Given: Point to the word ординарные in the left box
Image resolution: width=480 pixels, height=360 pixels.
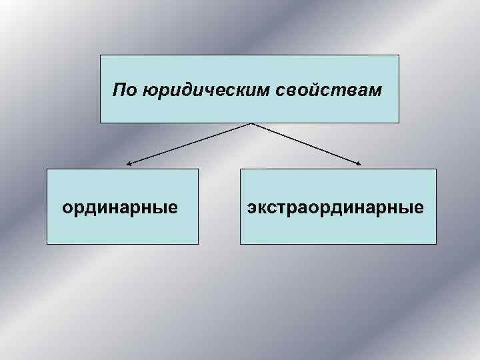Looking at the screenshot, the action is click(x=120, y=207).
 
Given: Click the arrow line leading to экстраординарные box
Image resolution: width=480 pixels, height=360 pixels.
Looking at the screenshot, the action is click(x=307, y=143).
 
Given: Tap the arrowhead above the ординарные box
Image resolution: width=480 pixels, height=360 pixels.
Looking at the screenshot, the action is click(x=129, y=163).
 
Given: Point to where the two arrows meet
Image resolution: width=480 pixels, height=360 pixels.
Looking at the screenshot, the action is click(x=250, y=123).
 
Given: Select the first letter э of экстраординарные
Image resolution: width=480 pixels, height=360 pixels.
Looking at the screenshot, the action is click(x=251, y=208).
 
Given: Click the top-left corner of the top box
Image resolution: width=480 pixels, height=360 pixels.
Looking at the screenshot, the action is click(x=101, y=55).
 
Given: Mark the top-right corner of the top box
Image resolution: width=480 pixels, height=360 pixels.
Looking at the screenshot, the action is click(x=399, y=55).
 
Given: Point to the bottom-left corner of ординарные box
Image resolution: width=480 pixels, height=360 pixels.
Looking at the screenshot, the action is click(x=47, y=244).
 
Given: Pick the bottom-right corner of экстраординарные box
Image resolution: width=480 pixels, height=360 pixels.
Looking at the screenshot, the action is click(x=436, y=244).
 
